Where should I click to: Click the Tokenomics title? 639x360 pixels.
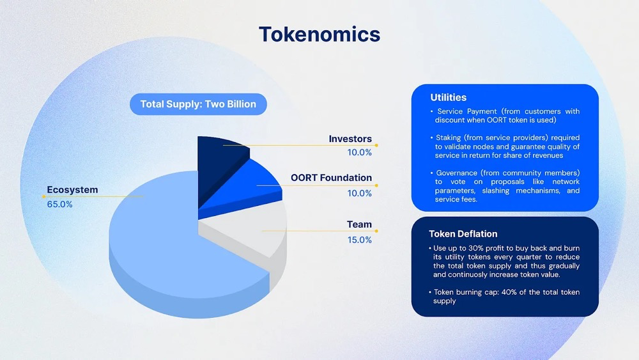(319, 35)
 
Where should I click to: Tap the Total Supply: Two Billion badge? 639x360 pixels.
(199, 104)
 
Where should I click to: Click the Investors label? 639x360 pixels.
(350, 139)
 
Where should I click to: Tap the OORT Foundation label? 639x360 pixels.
(331, 178)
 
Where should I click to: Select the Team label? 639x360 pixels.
(359, 224)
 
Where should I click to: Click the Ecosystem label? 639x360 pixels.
(72, 190)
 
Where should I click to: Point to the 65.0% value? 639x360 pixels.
(59, 204)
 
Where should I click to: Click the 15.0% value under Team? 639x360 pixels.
(359, 240)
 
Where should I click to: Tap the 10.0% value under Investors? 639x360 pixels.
(359, 152)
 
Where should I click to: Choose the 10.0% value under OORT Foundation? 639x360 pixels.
(359, 193)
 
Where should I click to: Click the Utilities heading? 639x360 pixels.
(449, 97)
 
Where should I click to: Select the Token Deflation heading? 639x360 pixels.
(463, 234)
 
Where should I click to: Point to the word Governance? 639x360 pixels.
(456, 173)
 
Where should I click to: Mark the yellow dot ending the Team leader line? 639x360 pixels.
(376, 231)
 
